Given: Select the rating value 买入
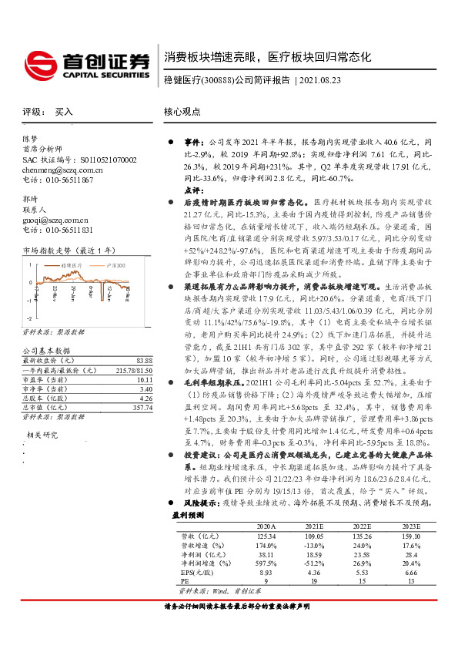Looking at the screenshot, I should pyautogui.click(x=64, y=112).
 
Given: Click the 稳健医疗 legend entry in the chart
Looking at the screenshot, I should pyautogui.click(x=72, y=264).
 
